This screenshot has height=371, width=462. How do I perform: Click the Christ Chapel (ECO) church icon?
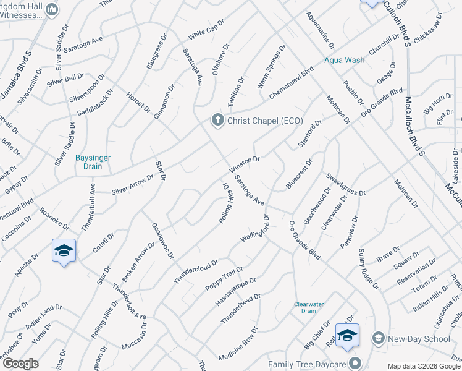tap(217, 120)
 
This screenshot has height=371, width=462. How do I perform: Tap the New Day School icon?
tap(378, 338)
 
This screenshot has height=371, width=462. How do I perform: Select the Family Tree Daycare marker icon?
tap(355, 363)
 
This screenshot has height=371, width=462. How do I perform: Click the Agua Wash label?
tap(345, 61)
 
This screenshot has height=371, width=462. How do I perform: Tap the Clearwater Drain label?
tap(309, 307)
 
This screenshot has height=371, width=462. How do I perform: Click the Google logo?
tap(20, 363)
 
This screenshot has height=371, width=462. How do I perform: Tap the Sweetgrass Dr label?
tap(346, 184)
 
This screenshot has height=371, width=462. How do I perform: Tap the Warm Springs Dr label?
tap(272, 65)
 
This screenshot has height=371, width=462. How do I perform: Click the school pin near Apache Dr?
tap(64, 250)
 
